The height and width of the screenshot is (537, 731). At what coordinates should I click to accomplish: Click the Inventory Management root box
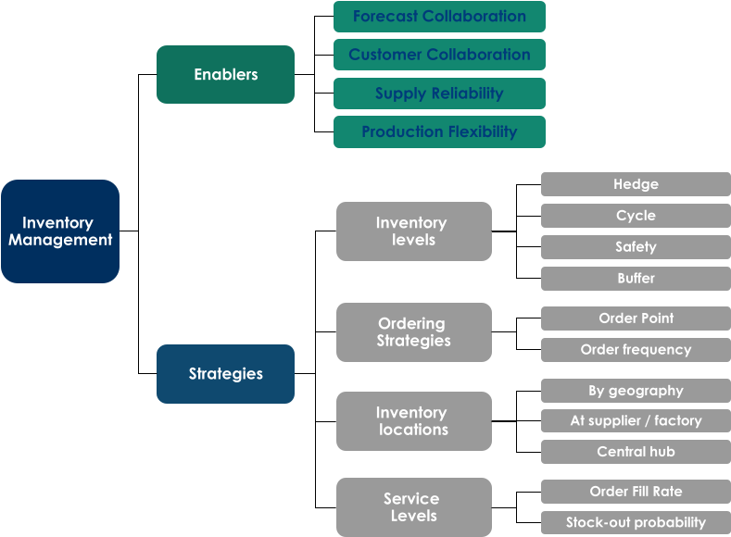click(60, 231)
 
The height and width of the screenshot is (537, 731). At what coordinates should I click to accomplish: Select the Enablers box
click(225, 75)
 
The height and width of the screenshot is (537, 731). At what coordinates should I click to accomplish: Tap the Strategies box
click(225, 374)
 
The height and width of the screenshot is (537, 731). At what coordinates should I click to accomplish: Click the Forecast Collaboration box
click(439, 17)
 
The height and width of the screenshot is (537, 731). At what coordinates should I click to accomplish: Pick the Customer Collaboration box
click(439, 55)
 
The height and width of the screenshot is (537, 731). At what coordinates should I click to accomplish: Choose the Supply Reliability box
click(439, 94)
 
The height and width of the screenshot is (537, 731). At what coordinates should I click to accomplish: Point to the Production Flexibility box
click(439, 131)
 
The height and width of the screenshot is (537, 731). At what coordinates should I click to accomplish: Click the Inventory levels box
click(413, 231)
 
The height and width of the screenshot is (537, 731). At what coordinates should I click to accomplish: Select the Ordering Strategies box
click(413, 332)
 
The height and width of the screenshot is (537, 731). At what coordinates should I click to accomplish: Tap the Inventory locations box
click(413, 421)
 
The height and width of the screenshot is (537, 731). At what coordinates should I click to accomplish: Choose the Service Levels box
click(413, 507)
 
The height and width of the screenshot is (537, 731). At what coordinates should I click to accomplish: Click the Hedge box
click(636, 184)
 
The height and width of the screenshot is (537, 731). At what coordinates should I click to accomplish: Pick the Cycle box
click(636, 216)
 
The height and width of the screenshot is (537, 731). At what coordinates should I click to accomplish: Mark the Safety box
click(636, 247)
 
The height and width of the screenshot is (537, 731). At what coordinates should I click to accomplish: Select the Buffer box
click(636, 279)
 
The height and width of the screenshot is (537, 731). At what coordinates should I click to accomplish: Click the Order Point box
click(636, 318)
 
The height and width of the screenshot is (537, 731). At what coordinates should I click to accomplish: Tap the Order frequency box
click(636, 350)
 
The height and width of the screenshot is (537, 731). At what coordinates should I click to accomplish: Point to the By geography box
click(636, 391)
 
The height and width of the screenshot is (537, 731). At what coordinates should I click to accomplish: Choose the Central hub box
click(636, 452)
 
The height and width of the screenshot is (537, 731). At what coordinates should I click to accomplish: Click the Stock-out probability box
click(636, 522)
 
